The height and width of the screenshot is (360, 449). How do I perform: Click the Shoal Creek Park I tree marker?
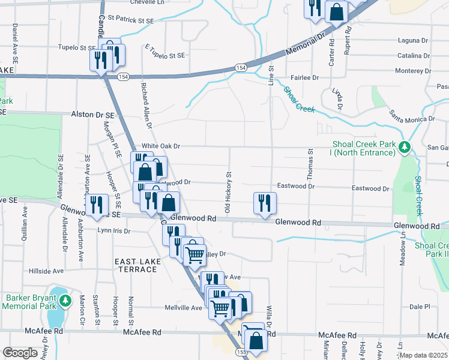405,147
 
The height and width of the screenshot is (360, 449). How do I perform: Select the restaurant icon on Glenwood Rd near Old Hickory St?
264,203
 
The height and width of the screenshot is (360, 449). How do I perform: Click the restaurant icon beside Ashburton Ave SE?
96,205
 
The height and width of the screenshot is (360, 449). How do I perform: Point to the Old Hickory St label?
228,192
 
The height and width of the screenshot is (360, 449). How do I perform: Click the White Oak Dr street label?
160,146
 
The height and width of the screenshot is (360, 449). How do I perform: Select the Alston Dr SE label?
92,114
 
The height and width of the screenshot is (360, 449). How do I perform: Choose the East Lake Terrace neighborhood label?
136,265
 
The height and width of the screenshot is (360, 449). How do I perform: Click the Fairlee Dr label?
304,77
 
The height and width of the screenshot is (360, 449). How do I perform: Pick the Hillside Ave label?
46,271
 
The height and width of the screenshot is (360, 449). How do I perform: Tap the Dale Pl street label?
420,306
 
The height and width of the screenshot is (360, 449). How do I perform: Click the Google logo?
20,352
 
